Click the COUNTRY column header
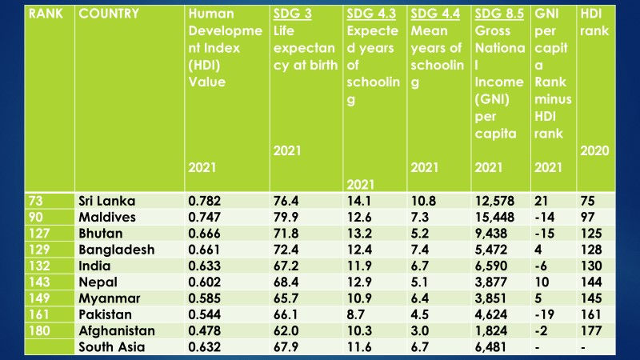pyautogui.click(x=109, y=14)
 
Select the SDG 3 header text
pyautogui.click(x=291, y=14)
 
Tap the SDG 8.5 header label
pyautogui.click(x=496, y=14)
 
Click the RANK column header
pyautogui.click(x=46, y=14)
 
